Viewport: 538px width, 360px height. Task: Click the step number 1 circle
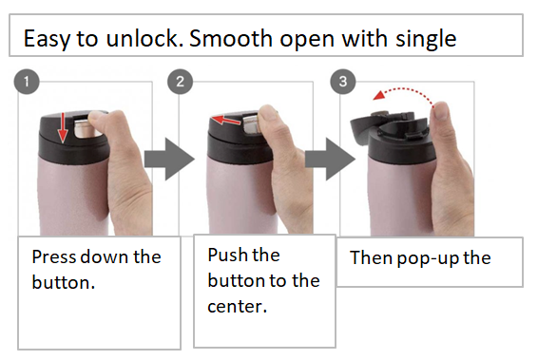click(27, 82)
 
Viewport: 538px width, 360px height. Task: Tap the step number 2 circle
click(181, 82)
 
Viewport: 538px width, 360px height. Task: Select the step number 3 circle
click(343, 82)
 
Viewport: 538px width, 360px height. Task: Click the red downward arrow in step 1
click(63, 128)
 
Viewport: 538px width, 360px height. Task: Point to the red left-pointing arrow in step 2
click(226, 121)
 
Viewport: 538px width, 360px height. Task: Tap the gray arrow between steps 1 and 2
click(169, 159)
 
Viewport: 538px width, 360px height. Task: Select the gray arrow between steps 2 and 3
click(330, 159)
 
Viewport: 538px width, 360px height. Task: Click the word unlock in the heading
click(143, 38)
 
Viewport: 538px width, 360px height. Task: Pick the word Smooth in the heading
click(231, 38)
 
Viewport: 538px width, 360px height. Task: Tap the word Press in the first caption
click(53, 256)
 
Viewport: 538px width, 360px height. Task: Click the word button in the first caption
click(61, 282)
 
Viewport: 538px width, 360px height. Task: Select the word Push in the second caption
click(224, 255)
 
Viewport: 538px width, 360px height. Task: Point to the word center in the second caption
click(235, 306)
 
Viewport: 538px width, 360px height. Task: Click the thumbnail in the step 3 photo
click(442, 110)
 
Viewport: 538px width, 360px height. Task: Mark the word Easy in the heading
click(47, 40)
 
